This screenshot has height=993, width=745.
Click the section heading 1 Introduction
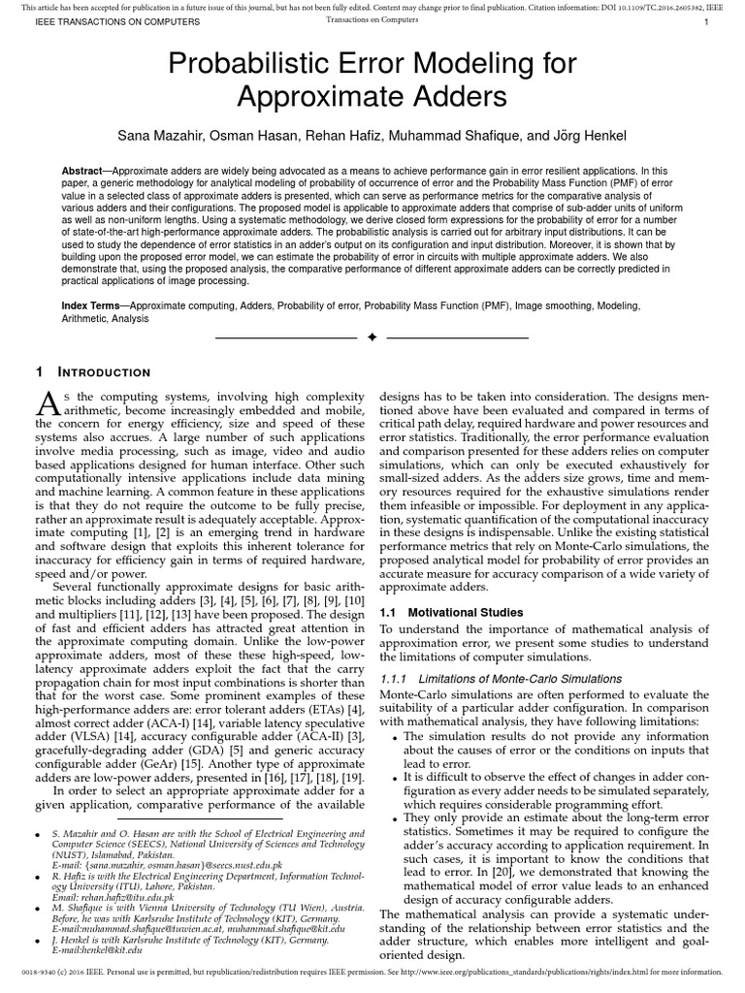coord(93,371)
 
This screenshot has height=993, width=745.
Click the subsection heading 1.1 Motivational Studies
coord(451,612)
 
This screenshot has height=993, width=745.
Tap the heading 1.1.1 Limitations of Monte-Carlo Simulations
coord(500,678)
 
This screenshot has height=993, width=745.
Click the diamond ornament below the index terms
coord(372,337)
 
